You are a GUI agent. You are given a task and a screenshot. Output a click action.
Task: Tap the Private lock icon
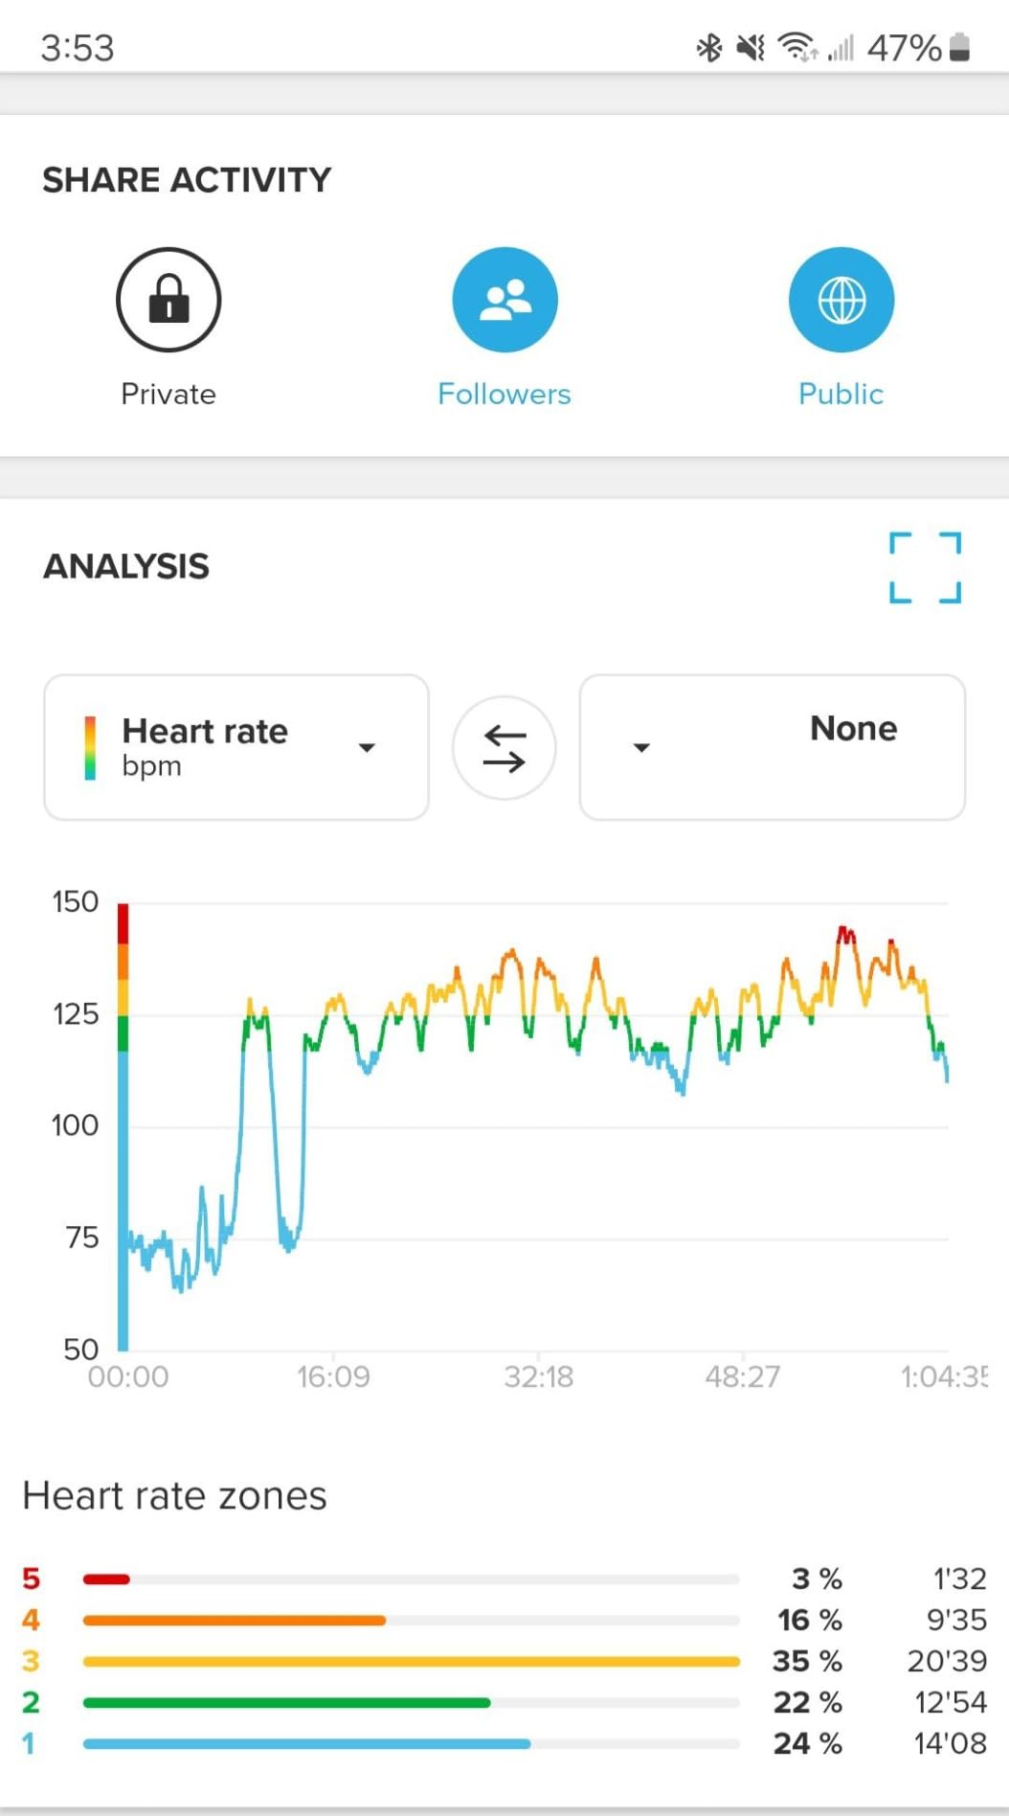tap(168, 300)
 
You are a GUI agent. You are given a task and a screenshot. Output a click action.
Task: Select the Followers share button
tap(504, 300)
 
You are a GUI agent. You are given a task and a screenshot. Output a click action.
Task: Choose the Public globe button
tap(841, 300)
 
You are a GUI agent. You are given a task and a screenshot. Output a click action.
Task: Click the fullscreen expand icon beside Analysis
tap(925, 567)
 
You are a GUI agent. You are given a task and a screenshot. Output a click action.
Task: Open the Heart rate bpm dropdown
tap(236, 747)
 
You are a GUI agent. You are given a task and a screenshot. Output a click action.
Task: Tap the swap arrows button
tap(504, 748)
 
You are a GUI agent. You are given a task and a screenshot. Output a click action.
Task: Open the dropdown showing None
tap(772, 747)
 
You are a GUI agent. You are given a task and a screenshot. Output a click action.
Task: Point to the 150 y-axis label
tap(76, 901)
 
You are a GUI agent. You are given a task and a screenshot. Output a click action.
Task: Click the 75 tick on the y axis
tap(82, 1237)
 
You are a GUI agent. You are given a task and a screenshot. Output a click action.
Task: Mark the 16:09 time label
tap(333, 1377)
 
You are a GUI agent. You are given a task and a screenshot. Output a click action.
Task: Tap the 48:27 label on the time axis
tap(743, 1377)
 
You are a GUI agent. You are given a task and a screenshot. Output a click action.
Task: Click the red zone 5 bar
tap(106, 1578)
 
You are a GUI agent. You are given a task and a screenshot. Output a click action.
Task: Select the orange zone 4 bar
tap(235, 1621)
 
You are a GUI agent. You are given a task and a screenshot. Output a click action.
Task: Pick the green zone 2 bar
tap(287, 1703)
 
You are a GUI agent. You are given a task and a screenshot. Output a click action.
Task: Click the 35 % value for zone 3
tap(807, 1661)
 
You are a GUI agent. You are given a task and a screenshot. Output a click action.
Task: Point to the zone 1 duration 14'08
tap(950, 1743)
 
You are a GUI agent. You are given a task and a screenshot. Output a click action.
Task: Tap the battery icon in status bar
tap(960, 47)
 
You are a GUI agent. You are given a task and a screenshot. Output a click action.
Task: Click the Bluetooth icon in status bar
tap(708, 47)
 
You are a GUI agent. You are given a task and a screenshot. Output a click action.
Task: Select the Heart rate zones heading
tap(174, 1496)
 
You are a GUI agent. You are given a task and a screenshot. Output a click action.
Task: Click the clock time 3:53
tap(78, 48)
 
